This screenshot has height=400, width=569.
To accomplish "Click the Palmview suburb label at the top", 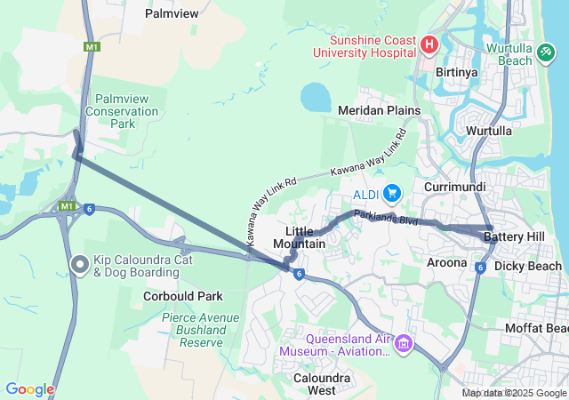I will (x=171, y=14).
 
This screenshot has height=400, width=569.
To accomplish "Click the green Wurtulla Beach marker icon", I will (x=546, y=54).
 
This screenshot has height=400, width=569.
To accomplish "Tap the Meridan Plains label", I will (x=379, y=109).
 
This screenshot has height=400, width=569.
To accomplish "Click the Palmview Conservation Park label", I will (x=122, y=112).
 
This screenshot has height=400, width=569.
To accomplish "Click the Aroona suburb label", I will (x=446, y=262).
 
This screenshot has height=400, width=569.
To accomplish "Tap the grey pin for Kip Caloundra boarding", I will (x=79, y=264).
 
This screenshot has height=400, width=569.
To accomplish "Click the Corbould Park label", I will (x=181, y=296).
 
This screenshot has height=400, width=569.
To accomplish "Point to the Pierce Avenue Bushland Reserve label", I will (x=200, y=329).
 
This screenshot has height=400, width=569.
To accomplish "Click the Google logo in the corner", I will (x=29, y=389).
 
